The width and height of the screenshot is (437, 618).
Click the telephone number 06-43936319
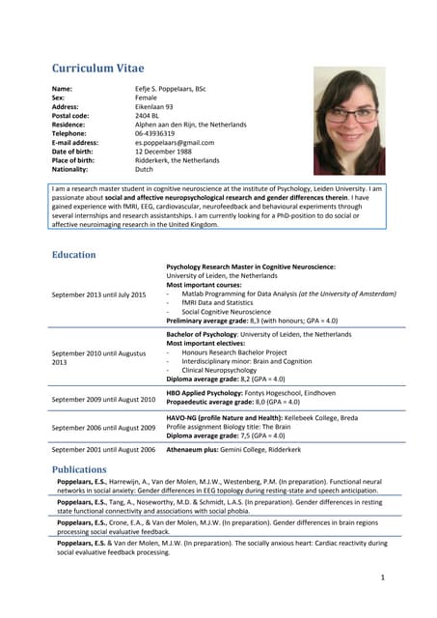[155, 133]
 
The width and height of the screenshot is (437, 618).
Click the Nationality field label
[70, 169]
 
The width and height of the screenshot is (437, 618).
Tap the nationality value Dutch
[144, 169]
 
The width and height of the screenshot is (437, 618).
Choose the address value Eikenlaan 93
[154, 107]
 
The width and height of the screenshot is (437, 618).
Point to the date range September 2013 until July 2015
[98, 295]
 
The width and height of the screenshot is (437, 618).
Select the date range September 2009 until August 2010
[103, 399]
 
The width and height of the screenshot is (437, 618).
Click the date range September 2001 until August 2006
[103, 450]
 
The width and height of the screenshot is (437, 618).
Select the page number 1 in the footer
[382, 577]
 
